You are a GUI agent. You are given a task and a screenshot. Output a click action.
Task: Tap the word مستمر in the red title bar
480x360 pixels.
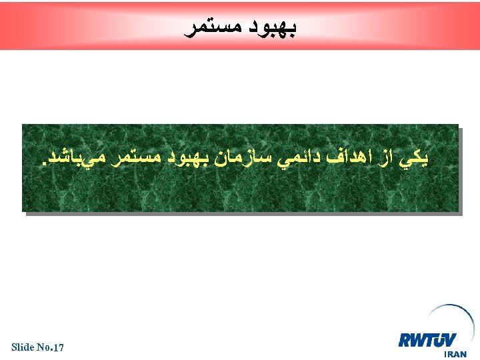[x=215, y=29]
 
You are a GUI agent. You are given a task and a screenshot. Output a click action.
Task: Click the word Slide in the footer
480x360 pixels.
[x=23, y=347]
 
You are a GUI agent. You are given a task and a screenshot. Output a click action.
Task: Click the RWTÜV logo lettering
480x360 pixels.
[x=427, y=340]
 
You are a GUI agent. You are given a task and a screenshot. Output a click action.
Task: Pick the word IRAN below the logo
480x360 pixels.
[x=455, y=354]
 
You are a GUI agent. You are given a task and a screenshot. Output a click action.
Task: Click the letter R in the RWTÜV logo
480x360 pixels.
[x=405, y=340]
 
